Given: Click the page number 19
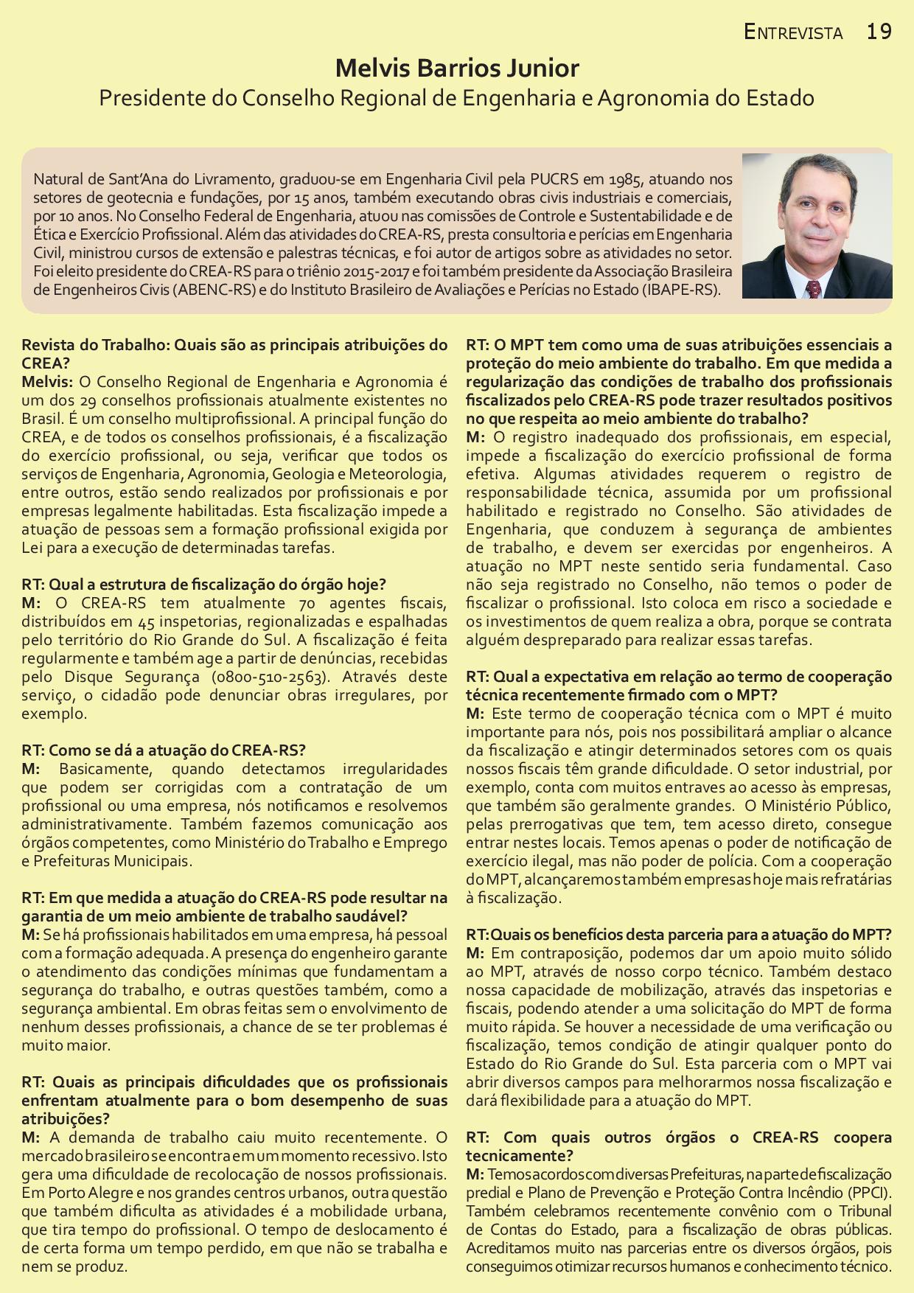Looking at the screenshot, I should coord(879,32).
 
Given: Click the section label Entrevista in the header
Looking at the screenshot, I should coord(793,32).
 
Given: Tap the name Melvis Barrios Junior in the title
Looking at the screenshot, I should coord(457,69).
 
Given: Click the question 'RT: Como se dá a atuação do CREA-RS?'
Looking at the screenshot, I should coord(163,750).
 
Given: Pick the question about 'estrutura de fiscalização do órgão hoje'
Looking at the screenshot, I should coord(203,585).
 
